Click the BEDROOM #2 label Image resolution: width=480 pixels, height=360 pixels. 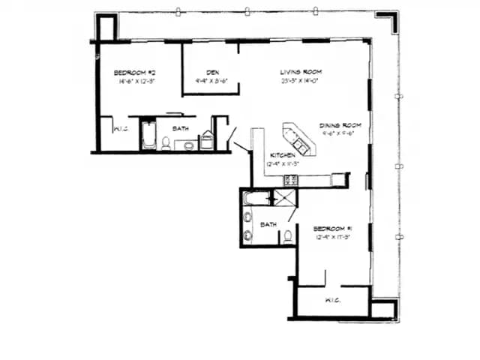(x=135, y=73)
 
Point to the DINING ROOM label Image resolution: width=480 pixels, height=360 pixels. (x=340, y=125)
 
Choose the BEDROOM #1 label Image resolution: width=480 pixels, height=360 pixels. (x=333, y=228)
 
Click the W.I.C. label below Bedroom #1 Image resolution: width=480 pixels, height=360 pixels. (x=334, y=301)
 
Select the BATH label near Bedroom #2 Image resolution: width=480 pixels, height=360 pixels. (x=181, y=129)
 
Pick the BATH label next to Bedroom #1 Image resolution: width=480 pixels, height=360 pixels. (x=268, y=224)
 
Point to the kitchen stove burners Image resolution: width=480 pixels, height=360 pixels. (x=290, y=180)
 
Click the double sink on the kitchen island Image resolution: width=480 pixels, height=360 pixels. (x=299, y=142)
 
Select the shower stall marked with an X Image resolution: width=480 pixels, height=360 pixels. (x=284, y=199)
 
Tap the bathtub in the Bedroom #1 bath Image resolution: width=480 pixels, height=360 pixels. (x=255, y=199)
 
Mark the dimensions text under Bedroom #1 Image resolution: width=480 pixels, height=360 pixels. (x=333, y=238)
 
